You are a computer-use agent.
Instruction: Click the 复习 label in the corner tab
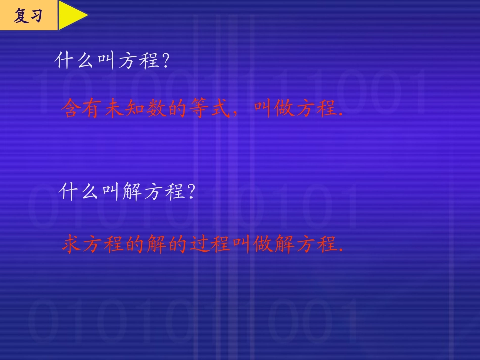click(x=27, y=16)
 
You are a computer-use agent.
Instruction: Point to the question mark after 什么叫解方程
click(x=190, y=192)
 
